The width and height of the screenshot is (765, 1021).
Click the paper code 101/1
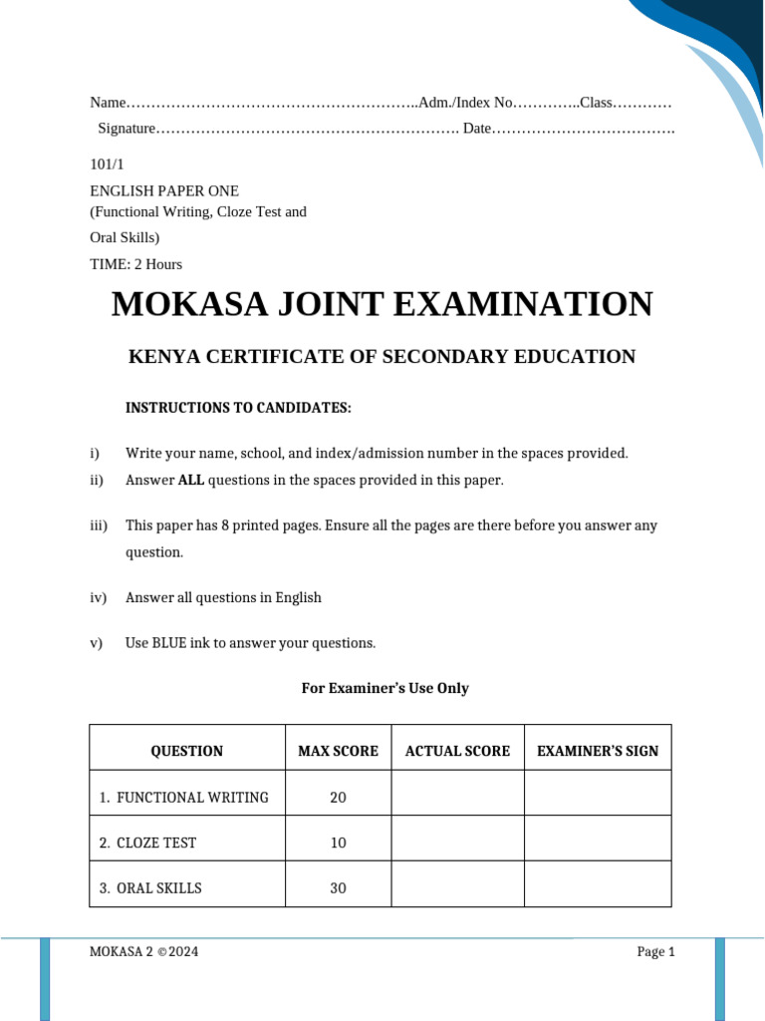click(108, 165)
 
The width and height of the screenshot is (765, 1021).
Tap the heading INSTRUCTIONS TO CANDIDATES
click(238, 408)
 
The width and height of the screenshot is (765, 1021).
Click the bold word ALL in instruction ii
click(190, 481)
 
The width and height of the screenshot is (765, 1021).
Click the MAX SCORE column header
click(338, 751)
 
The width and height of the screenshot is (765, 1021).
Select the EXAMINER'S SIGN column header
click(598, 751)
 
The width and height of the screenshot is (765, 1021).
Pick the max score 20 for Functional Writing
click(338, 798)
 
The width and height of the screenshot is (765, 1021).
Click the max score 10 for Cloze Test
click(338, 843)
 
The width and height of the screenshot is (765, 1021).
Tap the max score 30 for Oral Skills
click(338, 887)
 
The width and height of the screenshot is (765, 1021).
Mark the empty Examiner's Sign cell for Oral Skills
click(598, 884)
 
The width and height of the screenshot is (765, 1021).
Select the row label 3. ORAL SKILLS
click(150, 887)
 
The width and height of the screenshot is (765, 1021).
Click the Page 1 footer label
click(655, 952)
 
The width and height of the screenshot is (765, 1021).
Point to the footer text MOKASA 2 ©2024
click(144, 952)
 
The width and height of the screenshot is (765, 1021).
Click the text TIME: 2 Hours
click(136, 264)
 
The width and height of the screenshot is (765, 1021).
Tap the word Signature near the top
click(127, 129)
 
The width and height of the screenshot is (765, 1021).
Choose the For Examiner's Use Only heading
click(384, 688)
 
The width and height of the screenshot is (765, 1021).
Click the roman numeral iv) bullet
click(98, 598)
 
